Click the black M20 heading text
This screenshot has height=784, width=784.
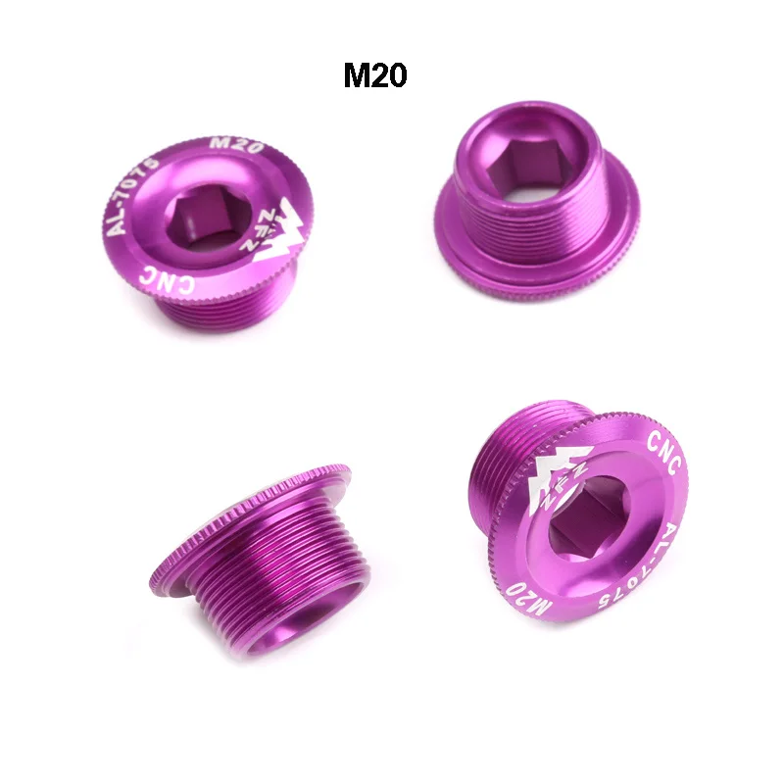[375, 75]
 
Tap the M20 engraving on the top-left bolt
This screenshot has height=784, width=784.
[236, 145]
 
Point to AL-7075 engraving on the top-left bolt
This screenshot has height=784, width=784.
[132, 195]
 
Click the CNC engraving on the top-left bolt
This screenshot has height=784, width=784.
[169, 279]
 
